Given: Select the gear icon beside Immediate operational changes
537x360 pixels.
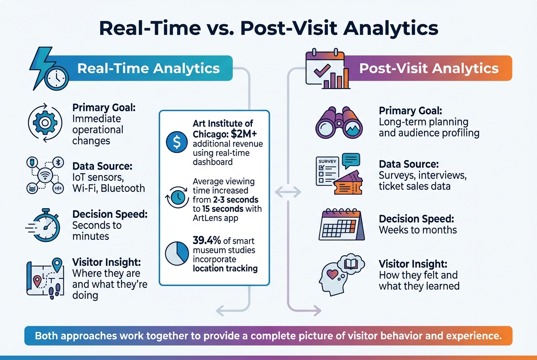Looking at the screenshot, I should click(45, 123).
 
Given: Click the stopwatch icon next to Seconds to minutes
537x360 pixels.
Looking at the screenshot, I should click(44, 224).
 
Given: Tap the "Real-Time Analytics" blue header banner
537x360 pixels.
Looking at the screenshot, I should click(149, 68).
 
